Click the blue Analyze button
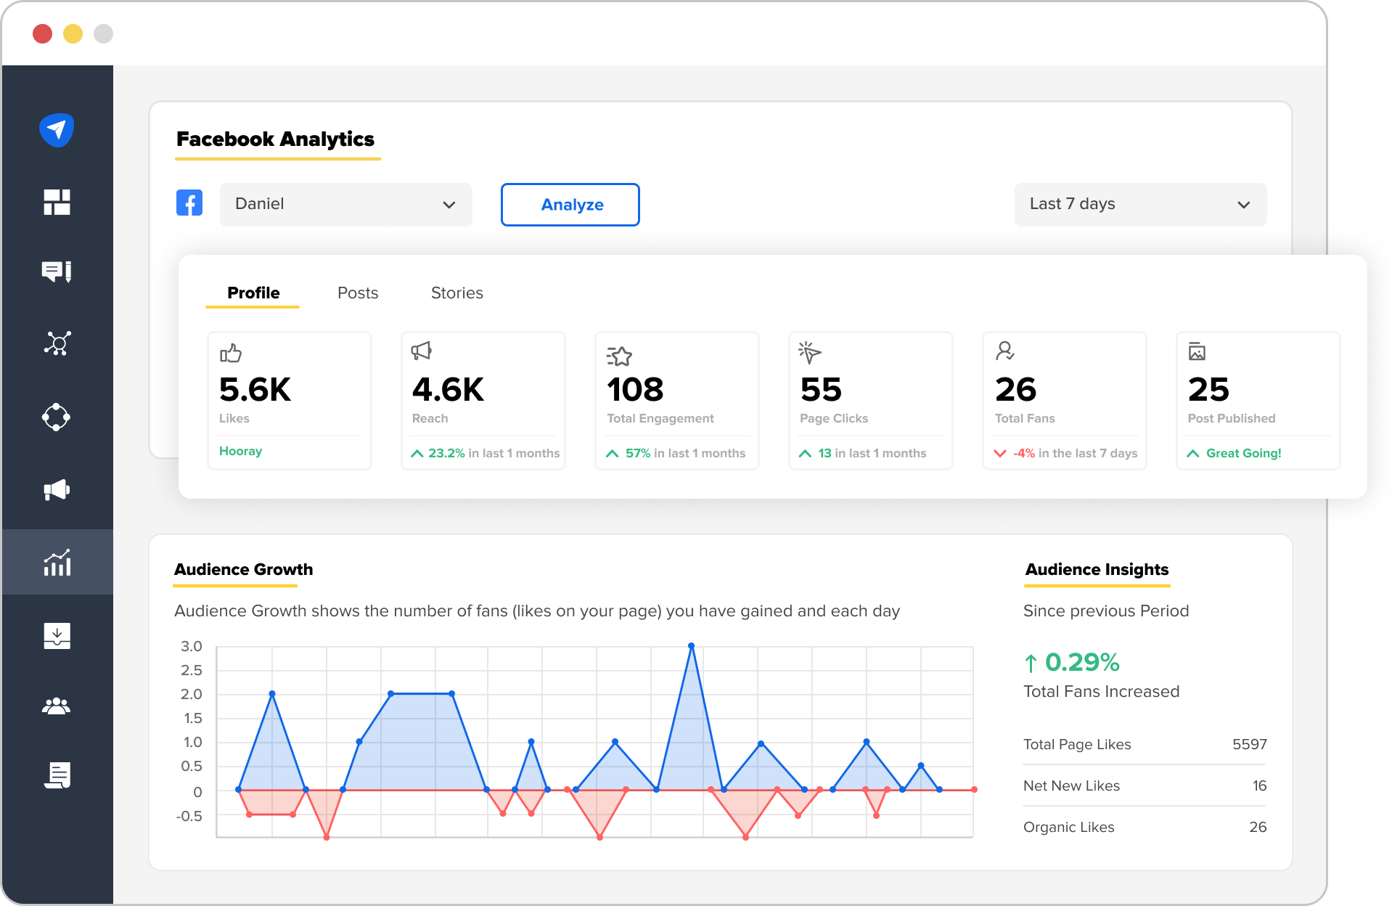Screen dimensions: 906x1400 570,205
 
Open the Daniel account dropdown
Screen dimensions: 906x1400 345,205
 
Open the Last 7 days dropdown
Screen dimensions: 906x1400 1139,205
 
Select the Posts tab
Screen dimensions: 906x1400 358,293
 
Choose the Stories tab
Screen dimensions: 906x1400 457,293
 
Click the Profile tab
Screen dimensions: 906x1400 253,293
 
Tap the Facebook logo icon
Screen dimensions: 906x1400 189,203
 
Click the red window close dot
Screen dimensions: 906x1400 43,33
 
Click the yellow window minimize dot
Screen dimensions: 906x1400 73,33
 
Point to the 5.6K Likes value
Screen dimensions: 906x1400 255,390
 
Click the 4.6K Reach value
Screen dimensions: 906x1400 448,390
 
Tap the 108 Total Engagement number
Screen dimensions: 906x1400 635,390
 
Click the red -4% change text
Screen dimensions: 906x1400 1024,453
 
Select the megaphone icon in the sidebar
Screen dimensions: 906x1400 57,490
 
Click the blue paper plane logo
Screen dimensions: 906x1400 57,130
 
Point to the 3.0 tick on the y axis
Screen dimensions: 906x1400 192,646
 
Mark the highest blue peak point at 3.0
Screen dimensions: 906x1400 691,645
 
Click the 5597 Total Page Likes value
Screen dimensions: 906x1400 1249,744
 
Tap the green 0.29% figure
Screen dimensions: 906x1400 1081,662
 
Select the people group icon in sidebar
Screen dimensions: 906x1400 57,706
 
